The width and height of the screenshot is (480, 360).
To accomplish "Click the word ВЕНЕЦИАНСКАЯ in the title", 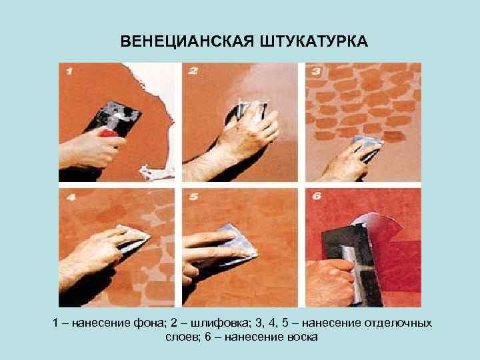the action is tap(187, 41).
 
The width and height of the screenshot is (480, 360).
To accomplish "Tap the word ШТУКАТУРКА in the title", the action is tap(314, 41).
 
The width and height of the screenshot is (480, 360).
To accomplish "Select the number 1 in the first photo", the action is tap(69, 71).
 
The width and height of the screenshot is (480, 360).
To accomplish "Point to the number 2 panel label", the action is tap(193, 71).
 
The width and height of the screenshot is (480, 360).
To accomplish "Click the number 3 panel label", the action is tap(316, 71).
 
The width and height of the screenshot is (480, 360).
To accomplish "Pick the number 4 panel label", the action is tap(71, 197).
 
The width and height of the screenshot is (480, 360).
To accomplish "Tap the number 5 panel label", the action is tap(193, 197).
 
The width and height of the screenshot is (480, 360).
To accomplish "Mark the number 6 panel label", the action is tap(317, 196).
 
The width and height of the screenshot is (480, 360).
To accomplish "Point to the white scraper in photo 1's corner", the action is tap(156, 173).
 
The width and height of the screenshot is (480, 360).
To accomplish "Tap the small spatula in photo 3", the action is tap(367, 149).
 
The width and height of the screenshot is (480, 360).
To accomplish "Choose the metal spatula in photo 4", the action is tap(134, 237).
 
